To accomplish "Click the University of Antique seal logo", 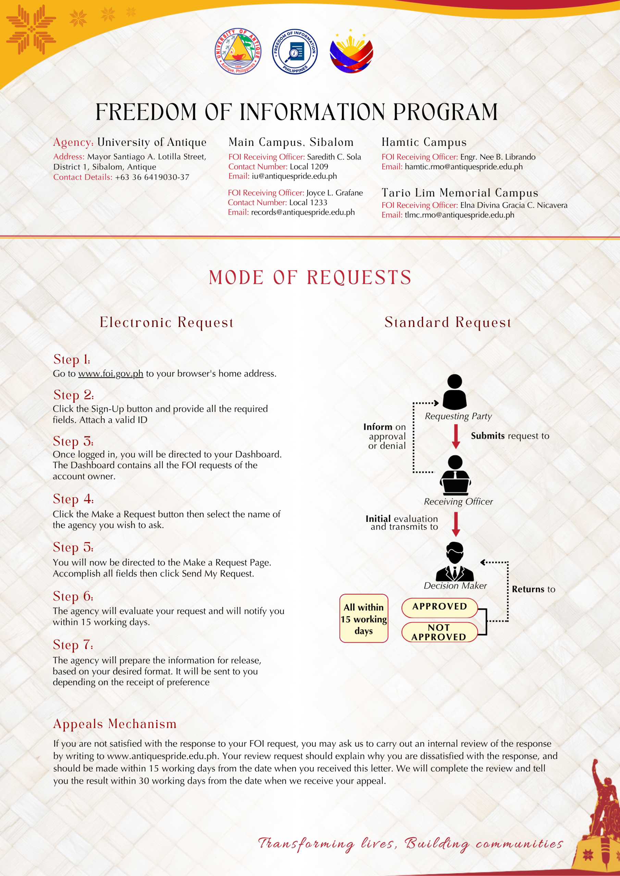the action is [x=238, y=52].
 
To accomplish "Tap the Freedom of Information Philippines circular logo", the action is [x=295, y=52].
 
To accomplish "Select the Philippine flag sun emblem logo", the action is [x=351, y=52].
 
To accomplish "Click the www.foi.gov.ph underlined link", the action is [x=111, y=374].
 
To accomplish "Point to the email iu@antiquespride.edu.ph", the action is [x=294, y=176].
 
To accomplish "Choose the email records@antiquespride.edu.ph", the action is [x=303, y=212].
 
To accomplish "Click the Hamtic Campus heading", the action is [x=424, y=142].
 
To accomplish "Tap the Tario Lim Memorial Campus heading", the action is [x=460, y=193].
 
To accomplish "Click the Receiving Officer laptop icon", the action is [x=455, y=475].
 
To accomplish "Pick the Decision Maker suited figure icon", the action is [x=455, y=561].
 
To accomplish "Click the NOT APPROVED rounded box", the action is [x=439, y=632].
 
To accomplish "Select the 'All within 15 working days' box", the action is [x=364, y=618].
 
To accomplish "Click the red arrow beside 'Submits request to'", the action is [x=456, y=436].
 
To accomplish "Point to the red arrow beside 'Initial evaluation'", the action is [x=456, y=524].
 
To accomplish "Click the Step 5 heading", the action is [x=73, y=547].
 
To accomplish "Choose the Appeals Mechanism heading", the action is [x=115, y=724].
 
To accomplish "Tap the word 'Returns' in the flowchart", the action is [x=528, y=589].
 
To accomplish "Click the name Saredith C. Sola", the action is [x=334, y=157].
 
